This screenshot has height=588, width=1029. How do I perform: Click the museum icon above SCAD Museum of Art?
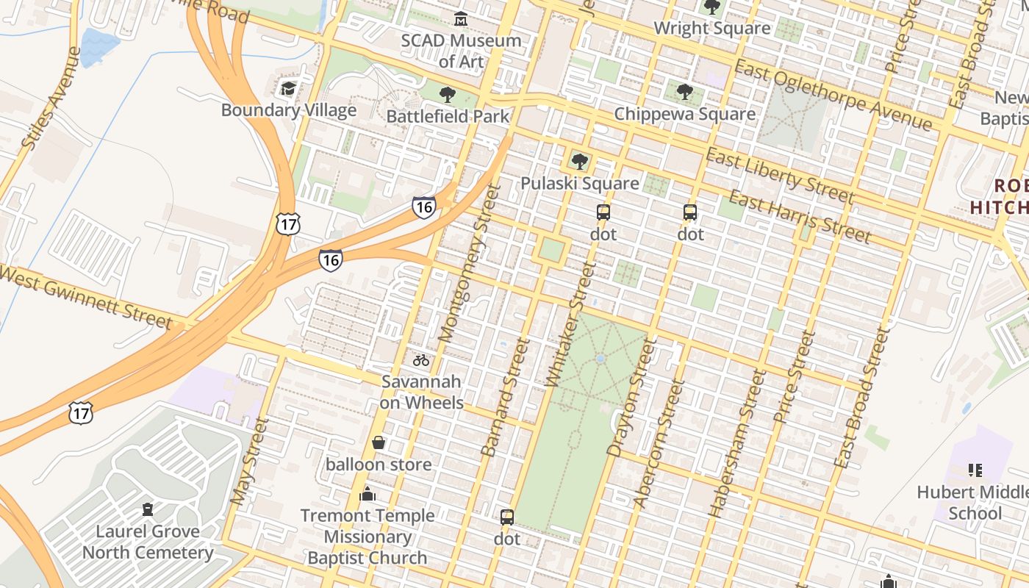click(x=461, y=18)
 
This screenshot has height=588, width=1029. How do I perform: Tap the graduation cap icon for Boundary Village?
click(x=288, y=89)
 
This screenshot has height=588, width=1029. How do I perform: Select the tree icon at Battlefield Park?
click(x=447, y=95)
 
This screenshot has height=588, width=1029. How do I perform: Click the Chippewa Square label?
click(x=684, y=114)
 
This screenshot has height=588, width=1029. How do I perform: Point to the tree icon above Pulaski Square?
click(x=580, y=161)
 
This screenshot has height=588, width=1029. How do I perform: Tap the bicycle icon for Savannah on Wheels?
click(x=421, y=360)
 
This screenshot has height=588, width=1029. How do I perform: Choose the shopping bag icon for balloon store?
click(x=379, y=442)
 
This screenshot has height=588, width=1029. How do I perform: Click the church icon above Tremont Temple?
click(x=367, y=494)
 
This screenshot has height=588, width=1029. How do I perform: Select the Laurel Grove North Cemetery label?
click(x=148, y=542)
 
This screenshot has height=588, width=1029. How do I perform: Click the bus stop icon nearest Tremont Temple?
click(x=507, y=517)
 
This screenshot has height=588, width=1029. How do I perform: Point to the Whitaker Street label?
click(x=570, y=323)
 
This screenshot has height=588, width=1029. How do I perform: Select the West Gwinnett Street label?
click(x=85, y=296)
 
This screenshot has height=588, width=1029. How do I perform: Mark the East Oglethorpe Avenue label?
click(x=833, y=96)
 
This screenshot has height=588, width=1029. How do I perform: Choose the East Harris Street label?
click(x=800, y=217)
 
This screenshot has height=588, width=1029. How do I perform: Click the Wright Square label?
click(x=711, y=28)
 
